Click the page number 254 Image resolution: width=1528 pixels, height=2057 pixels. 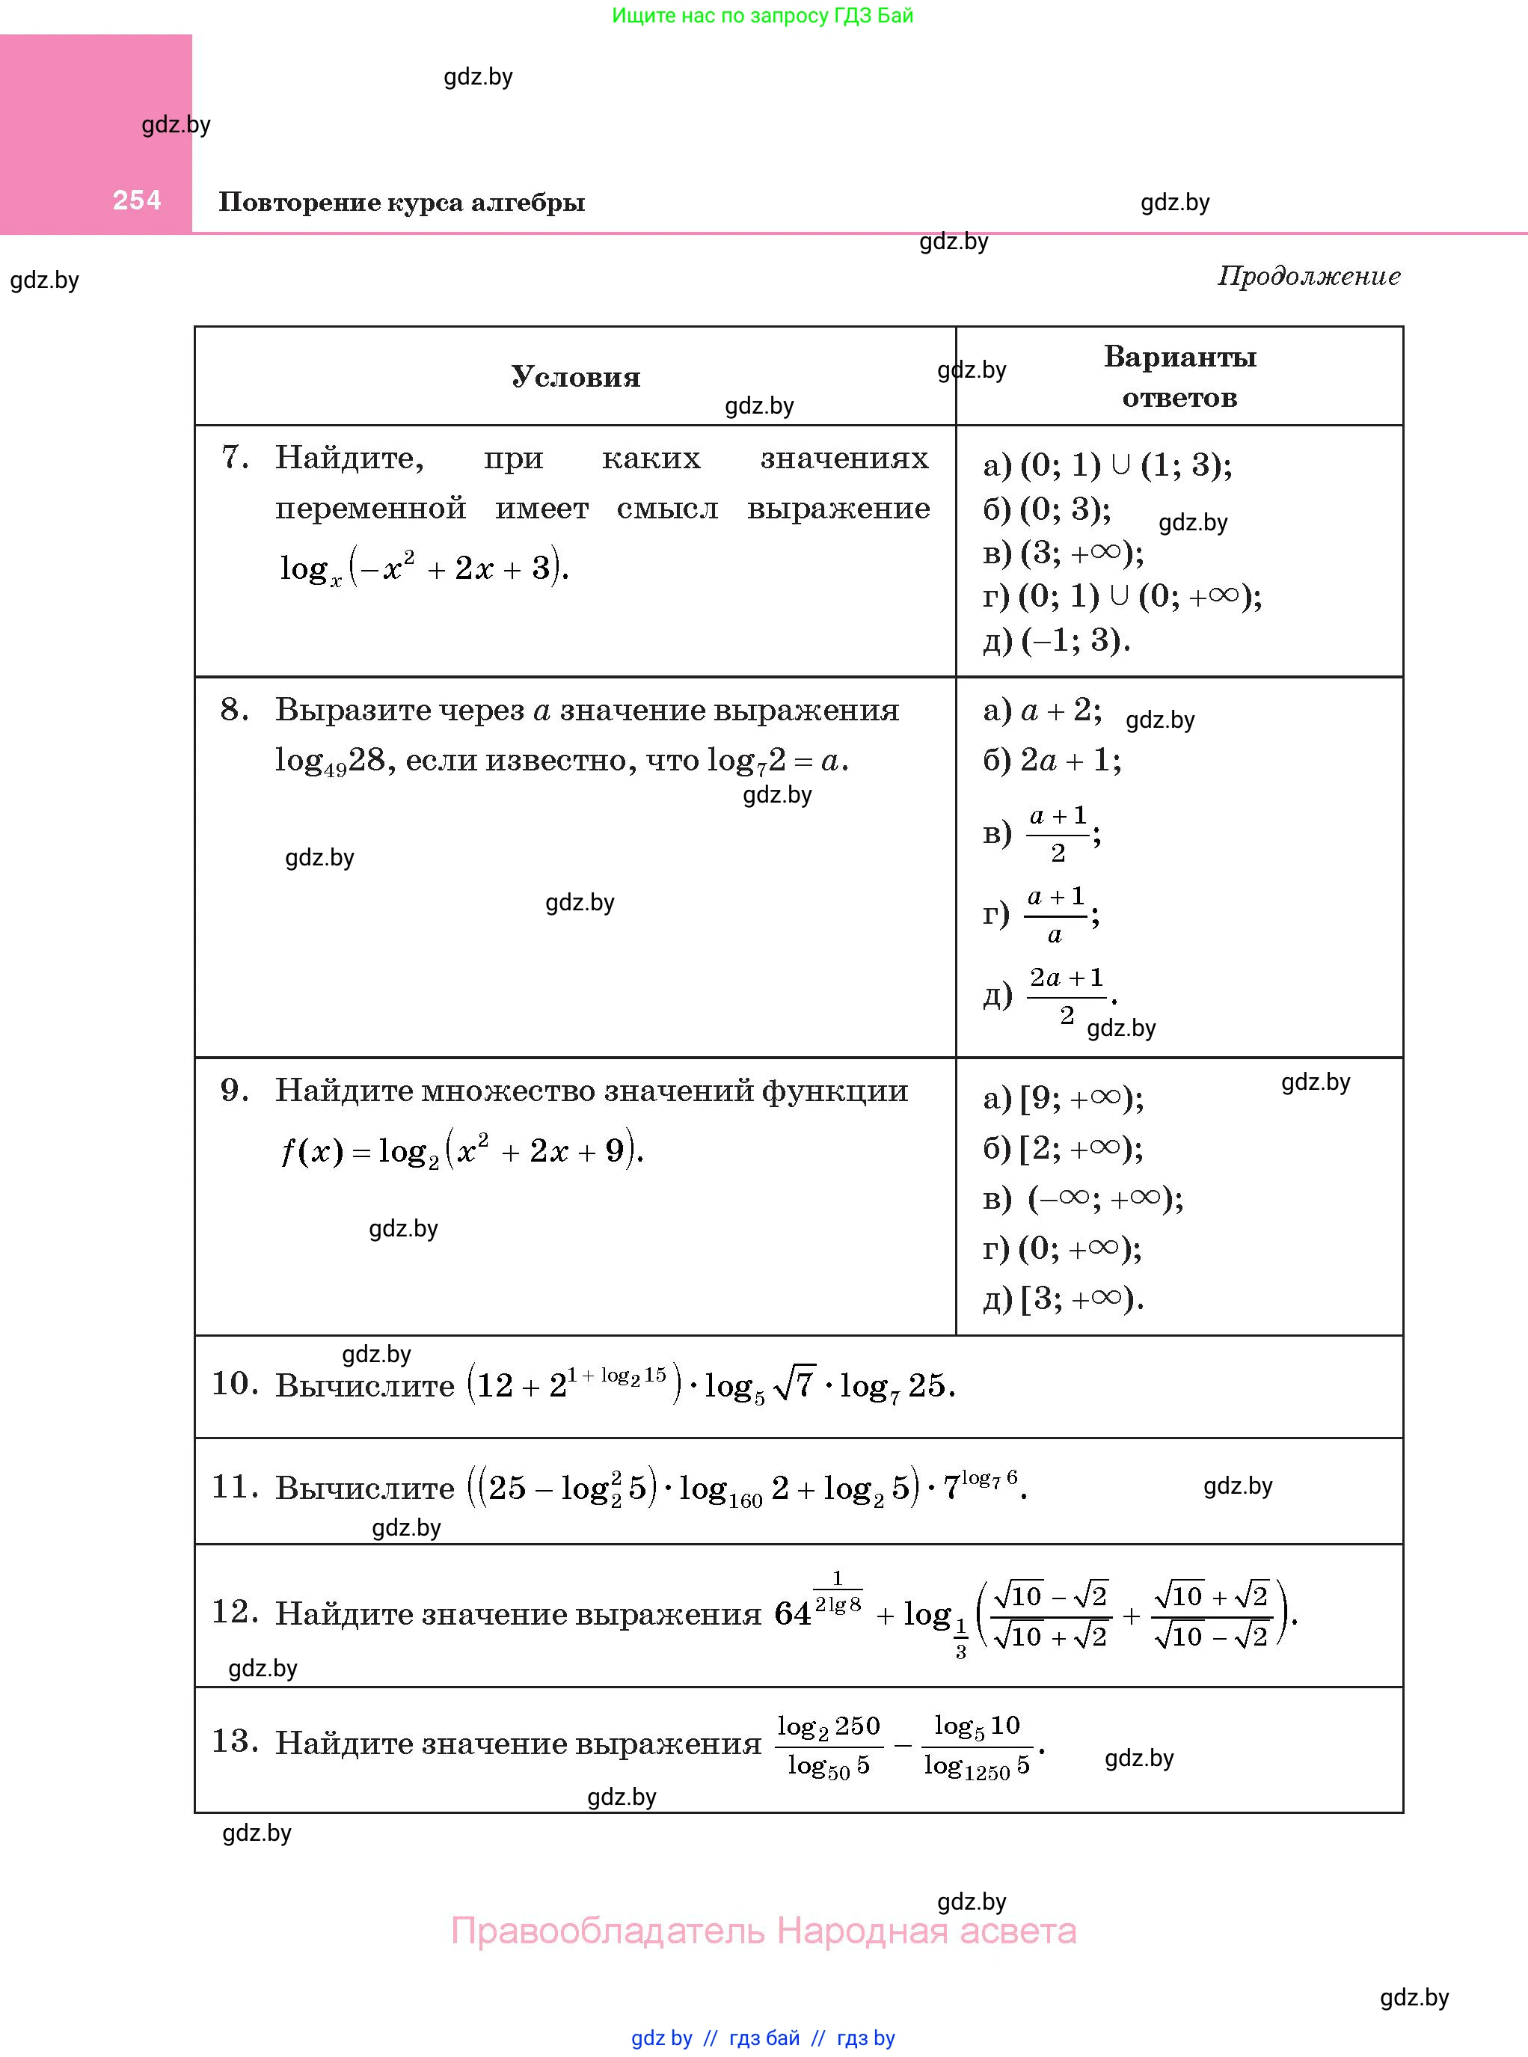tap(137, 200)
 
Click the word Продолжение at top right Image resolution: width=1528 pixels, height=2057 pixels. tap(1308, 275)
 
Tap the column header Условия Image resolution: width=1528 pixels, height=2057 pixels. tap(575, 376)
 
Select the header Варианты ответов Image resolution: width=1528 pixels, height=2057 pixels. tap(1179, 376)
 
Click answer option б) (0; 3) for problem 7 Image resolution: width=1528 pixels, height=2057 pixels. tap(1047, 509)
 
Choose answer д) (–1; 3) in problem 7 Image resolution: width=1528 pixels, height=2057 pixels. tap(1056, 640)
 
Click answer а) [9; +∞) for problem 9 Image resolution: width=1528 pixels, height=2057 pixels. tap(1063, 1098)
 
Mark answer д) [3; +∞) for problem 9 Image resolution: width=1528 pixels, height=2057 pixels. tap(1063, 1299)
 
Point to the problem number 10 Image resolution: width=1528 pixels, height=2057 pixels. tap(234, 1384)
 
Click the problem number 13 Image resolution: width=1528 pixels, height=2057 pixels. tap(234, 1741)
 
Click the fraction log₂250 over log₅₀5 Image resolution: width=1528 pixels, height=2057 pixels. tap(828, 1745)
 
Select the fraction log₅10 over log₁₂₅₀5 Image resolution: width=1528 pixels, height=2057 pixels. tap(976, 1745)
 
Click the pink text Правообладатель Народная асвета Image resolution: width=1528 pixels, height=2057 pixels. tap(763, 1931)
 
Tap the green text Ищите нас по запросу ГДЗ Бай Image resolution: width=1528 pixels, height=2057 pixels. tap(762, 16)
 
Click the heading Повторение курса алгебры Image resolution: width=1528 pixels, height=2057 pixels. tap(402, 203)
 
